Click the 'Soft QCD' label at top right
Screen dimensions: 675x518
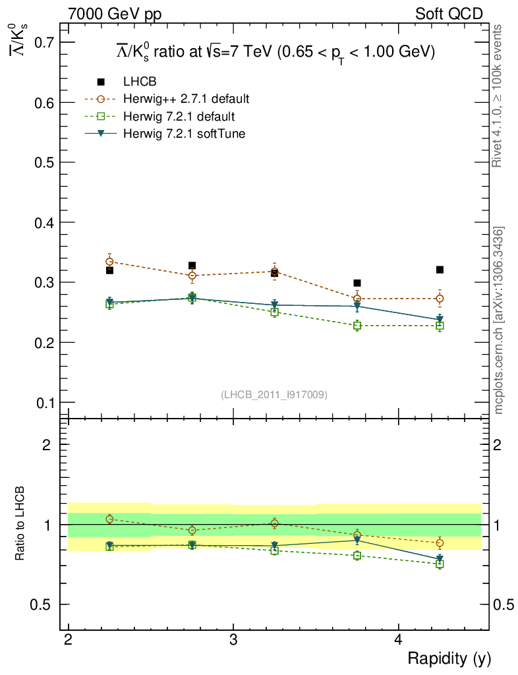pyautogui.click(x=449, y=14)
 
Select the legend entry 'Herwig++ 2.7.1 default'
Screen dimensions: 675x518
pyautogui.click(x=186, y=100)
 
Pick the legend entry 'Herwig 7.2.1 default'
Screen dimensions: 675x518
pyautogui.click(x=179, y=117)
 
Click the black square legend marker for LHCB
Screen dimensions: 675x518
pyautogui.click(x=101, y=82)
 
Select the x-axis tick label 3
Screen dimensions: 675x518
pyautogui.click(x=233, y=641)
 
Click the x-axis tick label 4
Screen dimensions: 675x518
pyautogui.click(x=398, y=641)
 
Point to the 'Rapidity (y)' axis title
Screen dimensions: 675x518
pyautogui.click(x=449, y=658)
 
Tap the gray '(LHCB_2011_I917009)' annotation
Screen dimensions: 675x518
pyautogui.click(x=273, y=394)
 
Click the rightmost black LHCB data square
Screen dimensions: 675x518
pyautogui.click(x=440, y=270)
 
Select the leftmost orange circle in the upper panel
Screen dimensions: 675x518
pyautogui.click(x=109, y=262)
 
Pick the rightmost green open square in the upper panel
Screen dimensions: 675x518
pyautogui.click(x=440, y=326)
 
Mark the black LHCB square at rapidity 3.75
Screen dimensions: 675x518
pyautogui.click(x=357, y=283)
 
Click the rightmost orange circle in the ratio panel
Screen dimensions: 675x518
pyautogui.click(x=440, y=543)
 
